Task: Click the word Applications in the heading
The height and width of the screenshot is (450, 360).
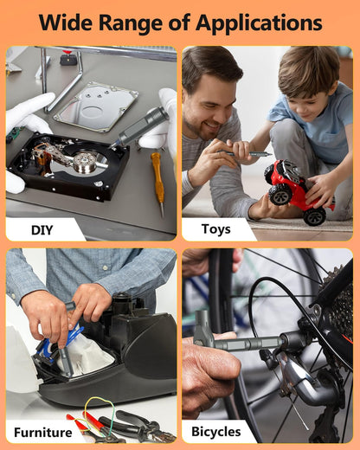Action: (x=259, y=23)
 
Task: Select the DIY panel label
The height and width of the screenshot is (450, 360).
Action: (x=42, y=230)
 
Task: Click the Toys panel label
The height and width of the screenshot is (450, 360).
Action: (x=216, y=229)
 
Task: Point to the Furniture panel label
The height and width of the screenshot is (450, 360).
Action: (x=43, y=433)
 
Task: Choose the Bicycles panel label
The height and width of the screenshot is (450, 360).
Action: (x=216, y=432)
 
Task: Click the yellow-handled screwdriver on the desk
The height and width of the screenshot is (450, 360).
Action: (x=158, y=183)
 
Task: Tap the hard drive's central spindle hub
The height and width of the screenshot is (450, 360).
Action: (x=85, y=162)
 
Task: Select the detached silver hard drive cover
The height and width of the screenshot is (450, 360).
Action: (x=96, y=106)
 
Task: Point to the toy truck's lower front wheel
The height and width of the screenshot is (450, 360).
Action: (x=315, y=216)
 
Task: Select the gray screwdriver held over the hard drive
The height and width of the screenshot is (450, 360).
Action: (x=140, y=127)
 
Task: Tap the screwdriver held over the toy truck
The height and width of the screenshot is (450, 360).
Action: (x=245, y=153)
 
